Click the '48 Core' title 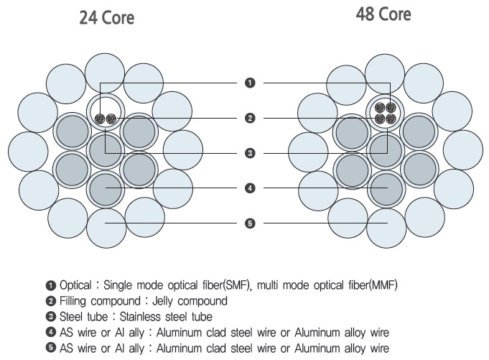pyautogui.click(x=383, y=14)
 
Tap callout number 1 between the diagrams pyautogui.click(x=250, y=83)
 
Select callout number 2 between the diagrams pyautogui.click(x=250, y=118)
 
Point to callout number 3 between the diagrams pyautogui.click(x=250, y=153)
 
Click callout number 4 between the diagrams pyautogui.click(x=250, y=188)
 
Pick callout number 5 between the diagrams pyautogui.click(x=250, y=223)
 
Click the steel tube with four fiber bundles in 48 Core pyautogui.click(x=386, y=114)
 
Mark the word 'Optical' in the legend pyautogui.click(x=75, y=285)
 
